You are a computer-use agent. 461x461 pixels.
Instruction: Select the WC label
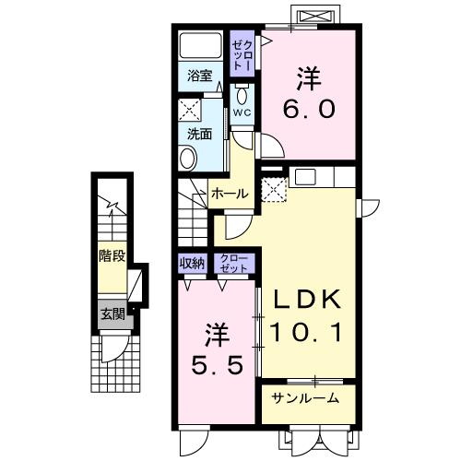coord(242,112)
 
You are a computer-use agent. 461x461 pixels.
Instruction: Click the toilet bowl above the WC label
coord(242,95)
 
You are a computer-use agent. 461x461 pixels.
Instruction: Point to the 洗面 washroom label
coord(200,133)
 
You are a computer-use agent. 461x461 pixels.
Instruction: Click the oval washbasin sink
coord(188,159)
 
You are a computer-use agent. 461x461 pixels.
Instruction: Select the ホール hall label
coord(229,194)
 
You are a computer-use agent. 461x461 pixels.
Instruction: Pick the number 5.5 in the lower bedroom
coord(219,364)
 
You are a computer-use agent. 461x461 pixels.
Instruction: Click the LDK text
coord(306,300)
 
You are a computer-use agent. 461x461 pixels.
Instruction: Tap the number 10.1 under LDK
coord(306,331)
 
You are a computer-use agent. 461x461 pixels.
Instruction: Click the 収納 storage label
coord(192,264)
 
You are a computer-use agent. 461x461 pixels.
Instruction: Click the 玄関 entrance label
coord(112,313)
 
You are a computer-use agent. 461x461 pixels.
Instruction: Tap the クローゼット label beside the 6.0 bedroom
coord(242,52)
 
